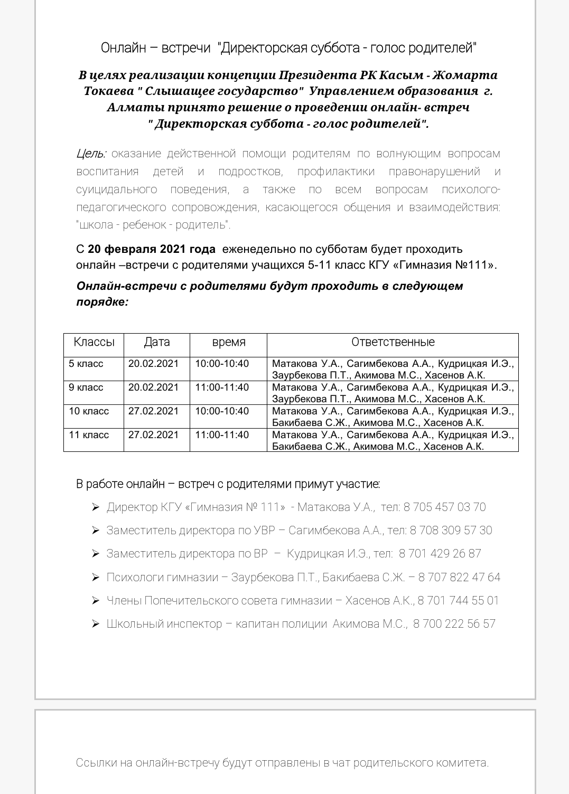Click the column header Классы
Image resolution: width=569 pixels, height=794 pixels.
point(94,342)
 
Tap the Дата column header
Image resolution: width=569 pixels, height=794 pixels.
point(157,342)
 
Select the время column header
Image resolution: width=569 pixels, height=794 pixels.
point(229,342)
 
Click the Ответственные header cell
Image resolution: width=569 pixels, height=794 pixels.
point(393,342)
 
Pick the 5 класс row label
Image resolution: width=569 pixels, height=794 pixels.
point(86,364)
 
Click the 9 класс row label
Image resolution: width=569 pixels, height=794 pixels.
point(86,387)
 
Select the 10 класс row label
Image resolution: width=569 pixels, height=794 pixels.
point(89,411)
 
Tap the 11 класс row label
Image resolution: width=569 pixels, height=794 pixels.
point(89,435)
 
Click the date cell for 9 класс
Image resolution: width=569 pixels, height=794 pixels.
point(154,387)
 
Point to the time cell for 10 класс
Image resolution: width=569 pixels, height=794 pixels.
point(222,411)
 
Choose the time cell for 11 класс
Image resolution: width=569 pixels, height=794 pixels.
point(222,435)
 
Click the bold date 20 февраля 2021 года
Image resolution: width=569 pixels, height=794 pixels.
point(152,249)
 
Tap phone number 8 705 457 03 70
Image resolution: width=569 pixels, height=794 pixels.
point(444,507)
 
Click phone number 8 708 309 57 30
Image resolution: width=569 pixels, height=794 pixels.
point(451,531)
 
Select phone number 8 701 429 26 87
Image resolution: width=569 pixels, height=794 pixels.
point(440,554)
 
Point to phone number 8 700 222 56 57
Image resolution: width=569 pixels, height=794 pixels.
point(454,624)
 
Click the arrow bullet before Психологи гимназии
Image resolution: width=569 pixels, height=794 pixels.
point(96,578)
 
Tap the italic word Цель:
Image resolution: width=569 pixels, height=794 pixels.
point(91,154)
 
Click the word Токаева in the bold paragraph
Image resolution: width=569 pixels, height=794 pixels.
point(109,91)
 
